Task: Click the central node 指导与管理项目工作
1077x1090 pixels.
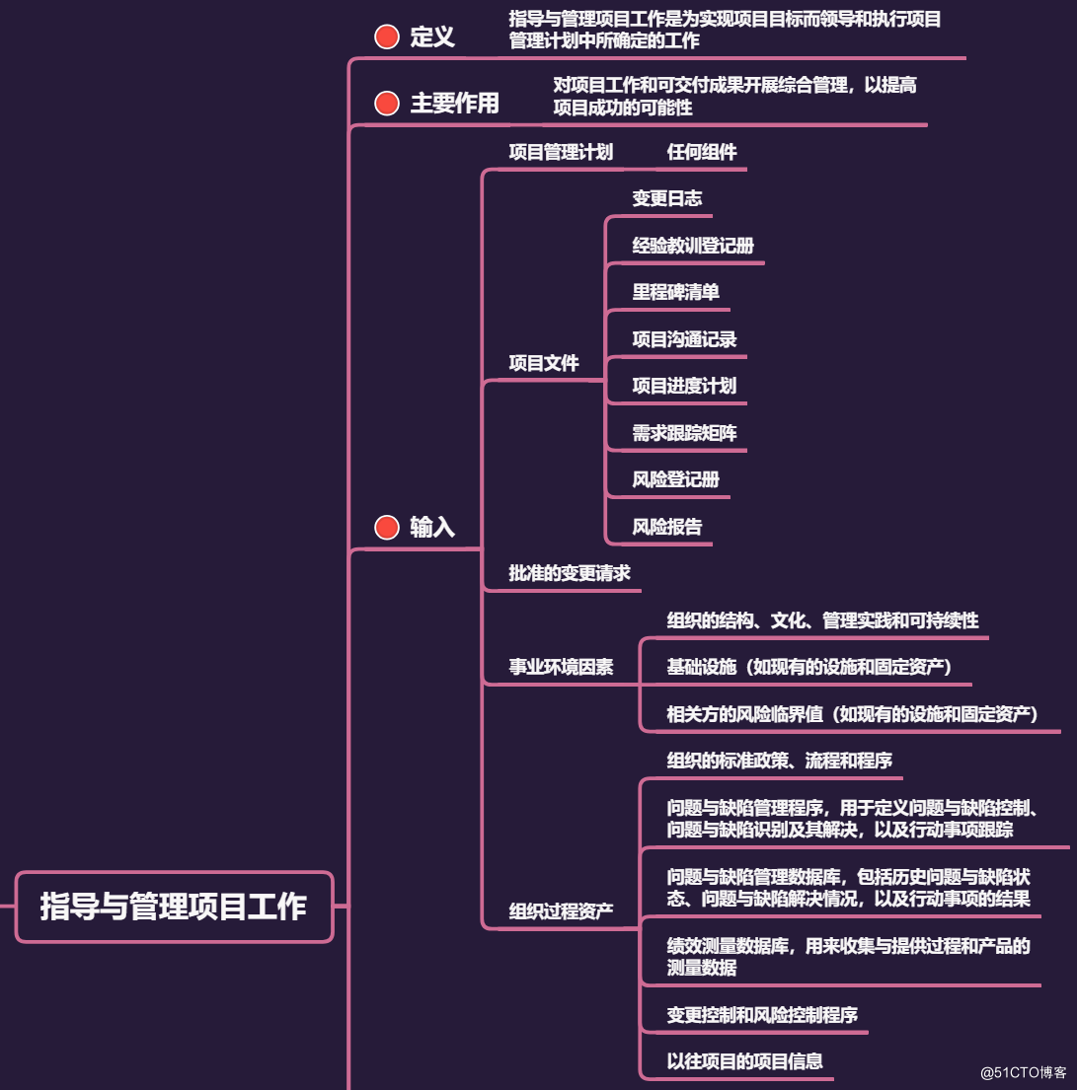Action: coord(174,906)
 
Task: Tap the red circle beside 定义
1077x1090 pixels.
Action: coord(387,37)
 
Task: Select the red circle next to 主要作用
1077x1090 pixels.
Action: coord(387,103)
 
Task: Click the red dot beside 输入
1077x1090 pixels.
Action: coord(387,528)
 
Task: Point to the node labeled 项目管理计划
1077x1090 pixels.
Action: coord(561,152)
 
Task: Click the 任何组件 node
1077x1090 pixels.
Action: coord(702,152)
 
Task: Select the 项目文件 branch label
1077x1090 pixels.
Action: coord(544,363)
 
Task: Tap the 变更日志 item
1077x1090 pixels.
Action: coord(667,198)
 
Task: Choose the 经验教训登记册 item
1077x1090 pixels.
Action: coord(693,246)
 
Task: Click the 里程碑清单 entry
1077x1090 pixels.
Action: coord(676,292)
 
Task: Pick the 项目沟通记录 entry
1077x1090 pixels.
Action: coord(684,339)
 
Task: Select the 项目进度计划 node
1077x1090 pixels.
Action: coord(684,386)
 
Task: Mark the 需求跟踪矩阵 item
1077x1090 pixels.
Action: coord(684,433)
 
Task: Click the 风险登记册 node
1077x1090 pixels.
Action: coord(676,480)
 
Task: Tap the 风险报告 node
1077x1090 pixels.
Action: coord(667,527)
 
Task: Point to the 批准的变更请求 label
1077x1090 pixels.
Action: coord(570,573)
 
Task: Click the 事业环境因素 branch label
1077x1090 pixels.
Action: coord(561,668)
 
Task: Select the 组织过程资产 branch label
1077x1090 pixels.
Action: coord(561,910)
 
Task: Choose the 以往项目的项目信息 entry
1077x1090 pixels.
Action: coord(745,1061)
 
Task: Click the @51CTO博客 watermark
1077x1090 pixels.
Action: coord(1016,1072)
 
